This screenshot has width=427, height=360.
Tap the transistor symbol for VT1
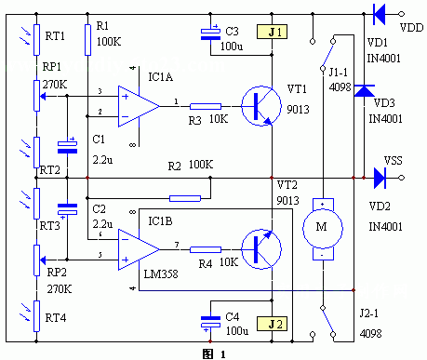[257, 106]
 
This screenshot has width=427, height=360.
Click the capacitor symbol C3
[212, 34]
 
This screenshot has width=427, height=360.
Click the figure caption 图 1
[212, 353]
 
